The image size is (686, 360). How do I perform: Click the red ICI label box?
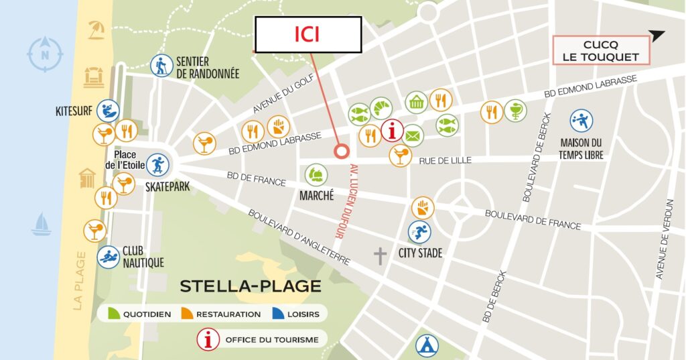point(308,34)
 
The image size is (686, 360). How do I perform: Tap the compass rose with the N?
point(45,54)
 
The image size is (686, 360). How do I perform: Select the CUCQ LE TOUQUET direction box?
point(601,50)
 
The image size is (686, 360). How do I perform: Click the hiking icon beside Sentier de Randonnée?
point(161,66)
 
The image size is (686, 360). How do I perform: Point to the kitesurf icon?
point(108,111)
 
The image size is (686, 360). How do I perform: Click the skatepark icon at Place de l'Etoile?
point(158,164)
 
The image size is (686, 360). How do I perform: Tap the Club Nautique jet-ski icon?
point(108,256)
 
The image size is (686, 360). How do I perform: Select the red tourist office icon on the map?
point(392,131)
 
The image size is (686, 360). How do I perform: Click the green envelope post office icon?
point(413,135)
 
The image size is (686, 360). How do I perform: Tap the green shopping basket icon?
point(417,103)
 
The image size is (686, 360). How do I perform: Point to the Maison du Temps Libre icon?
point(581,121)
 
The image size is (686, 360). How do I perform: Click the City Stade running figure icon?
point(420,232)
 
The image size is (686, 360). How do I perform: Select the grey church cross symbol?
point(381,255)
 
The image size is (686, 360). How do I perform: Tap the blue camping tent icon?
point(427,345)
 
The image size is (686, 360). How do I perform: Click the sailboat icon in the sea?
point(42,224)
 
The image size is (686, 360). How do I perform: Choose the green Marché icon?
point(316,176)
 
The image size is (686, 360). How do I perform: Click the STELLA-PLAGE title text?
point(250,286)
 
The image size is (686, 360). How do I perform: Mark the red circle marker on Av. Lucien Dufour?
point(342,152)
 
